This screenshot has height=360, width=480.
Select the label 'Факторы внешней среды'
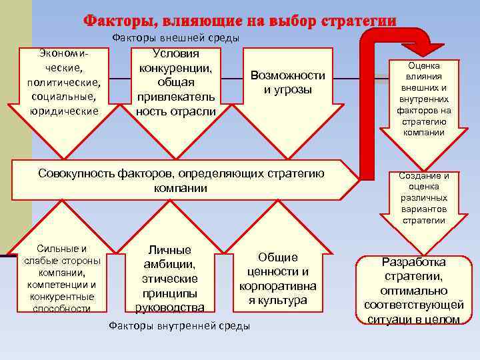point(175,38)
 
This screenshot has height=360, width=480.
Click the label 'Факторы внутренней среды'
point(179,326)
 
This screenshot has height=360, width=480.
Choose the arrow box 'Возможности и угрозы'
point(287,83)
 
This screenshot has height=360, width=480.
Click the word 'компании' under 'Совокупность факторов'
point(181,189)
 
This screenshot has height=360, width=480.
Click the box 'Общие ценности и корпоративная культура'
point(278,279)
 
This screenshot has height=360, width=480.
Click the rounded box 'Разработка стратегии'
point(414,291)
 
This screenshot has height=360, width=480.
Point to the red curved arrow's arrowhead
point(424,48)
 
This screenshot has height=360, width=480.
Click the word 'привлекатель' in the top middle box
point(176,97)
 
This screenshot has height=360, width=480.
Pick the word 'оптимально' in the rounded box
point(414,291)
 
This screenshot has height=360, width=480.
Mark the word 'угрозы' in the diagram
point(288,90)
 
